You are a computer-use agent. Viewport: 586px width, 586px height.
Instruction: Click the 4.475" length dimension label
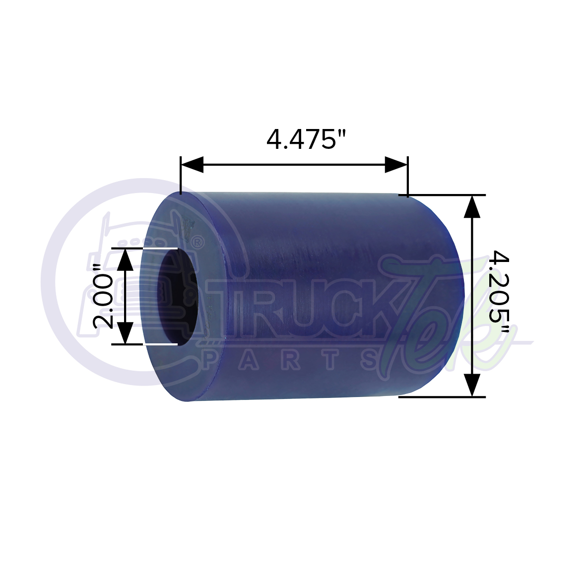pyautogui.click(x=306, y=139)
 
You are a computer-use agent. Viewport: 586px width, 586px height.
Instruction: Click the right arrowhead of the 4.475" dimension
pyautogui.click(x=395, y=165)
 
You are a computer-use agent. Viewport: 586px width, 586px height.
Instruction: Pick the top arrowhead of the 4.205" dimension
pyautogui.click(x=472, y=206)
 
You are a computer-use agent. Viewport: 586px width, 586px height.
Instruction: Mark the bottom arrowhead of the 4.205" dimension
pyautogui.click(x=472, y=385)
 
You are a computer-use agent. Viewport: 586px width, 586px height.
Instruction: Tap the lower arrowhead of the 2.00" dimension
pyautogui.click(x=126, y=332)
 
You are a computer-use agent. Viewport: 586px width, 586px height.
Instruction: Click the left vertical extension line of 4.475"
pyautogui.click(x=181, y=176)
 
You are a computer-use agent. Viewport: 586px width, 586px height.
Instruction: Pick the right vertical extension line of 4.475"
pyautogui.click(x=407, y=176)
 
